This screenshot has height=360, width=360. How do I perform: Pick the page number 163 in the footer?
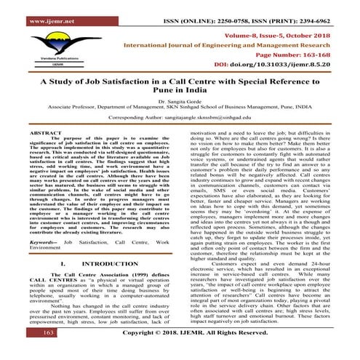[x=28, y=351]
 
